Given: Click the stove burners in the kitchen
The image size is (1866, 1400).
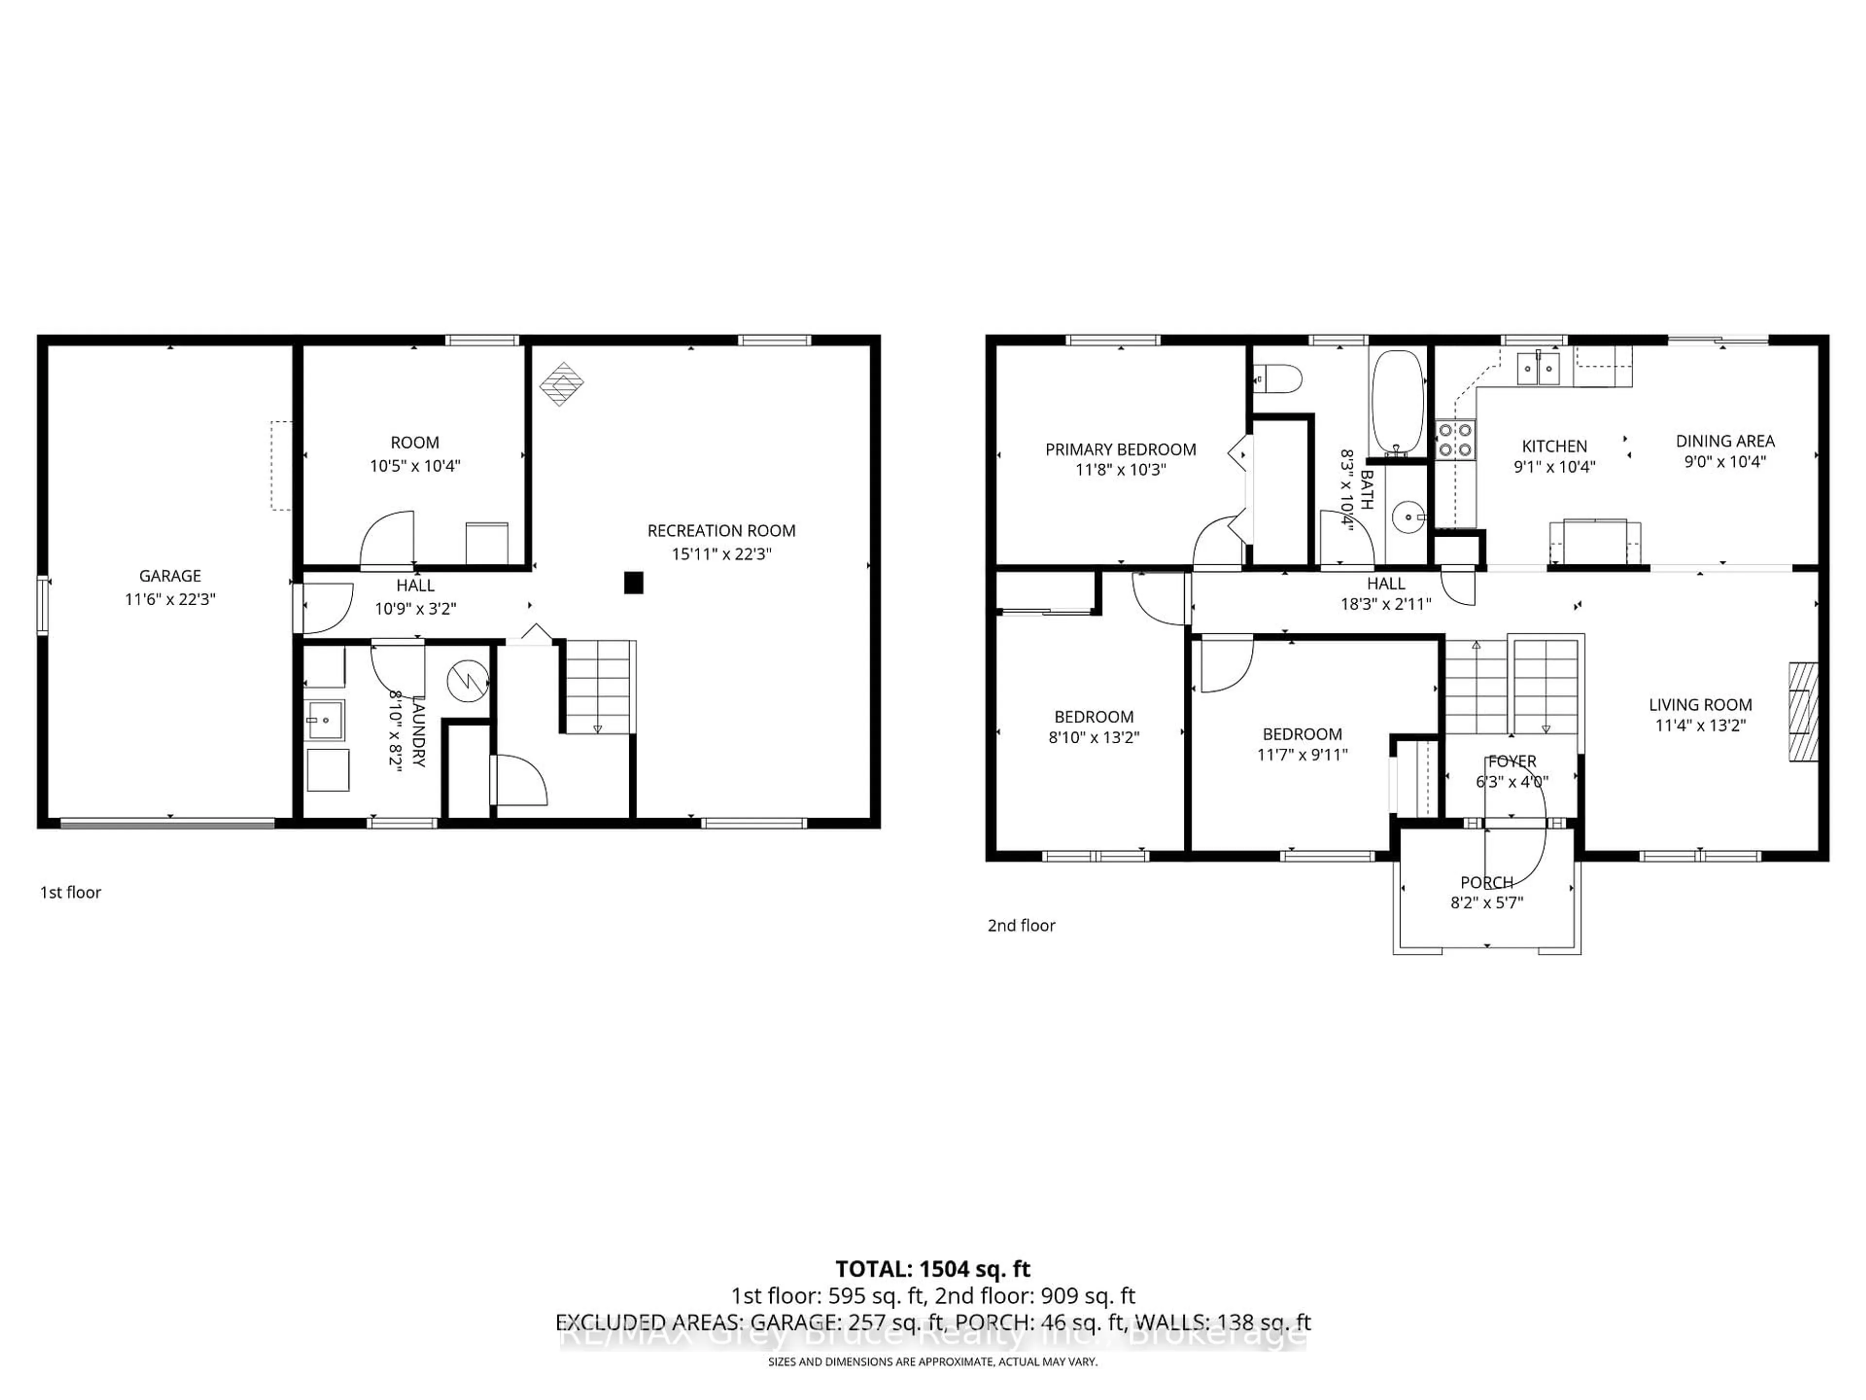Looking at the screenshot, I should tap(1455, 439).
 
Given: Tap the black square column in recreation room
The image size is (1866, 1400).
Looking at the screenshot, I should tap(634, 582).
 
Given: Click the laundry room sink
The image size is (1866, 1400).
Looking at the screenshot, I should tap(324, 720).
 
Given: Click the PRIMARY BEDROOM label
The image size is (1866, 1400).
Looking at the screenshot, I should tap(1120, 450).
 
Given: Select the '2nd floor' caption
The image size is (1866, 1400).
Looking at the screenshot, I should tap(1021, 926).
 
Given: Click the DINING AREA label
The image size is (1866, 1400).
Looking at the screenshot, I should tap(1725, 440).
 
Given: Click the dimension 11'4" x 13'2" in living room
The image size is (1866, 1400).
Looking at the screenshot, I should tap(1700, 725).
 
